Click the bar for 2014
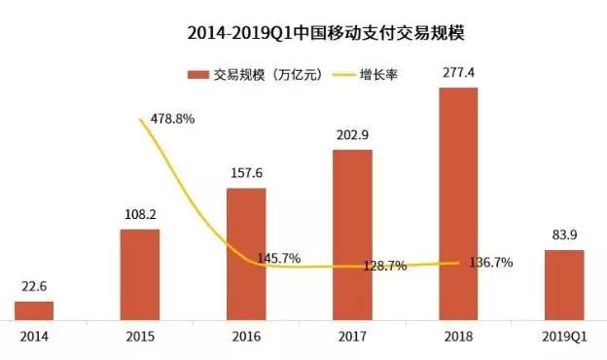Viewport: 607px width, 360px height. [x=34, y=309]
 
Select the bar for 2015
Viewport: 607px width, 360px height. [x=140, y=273]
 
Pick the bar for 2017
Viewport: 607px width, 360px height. [x=352, y=234]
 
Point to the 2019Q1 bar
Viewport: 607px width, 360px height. [x=564, y=284]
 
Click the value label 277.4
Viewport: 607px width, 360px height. [x=458, y=74]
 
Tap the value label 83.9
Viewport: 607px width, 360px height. [x=564, y=234]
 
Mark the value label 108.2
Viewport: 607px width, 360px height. [x=140, y=214]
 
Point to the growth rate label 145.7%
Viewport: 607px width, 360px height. [x=279, y=259]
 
